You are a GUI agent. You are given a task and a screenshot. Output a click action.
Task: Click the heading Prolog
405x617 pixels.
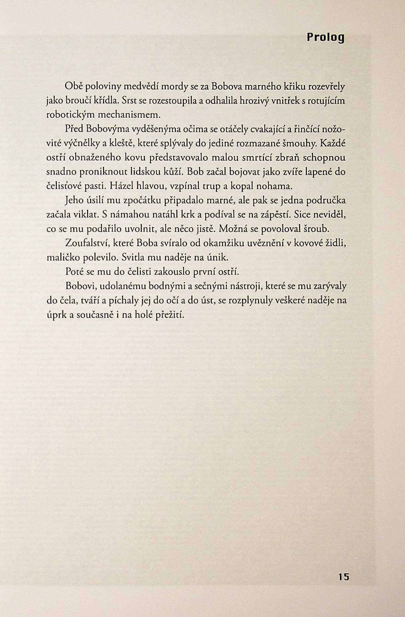point(326,37)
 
